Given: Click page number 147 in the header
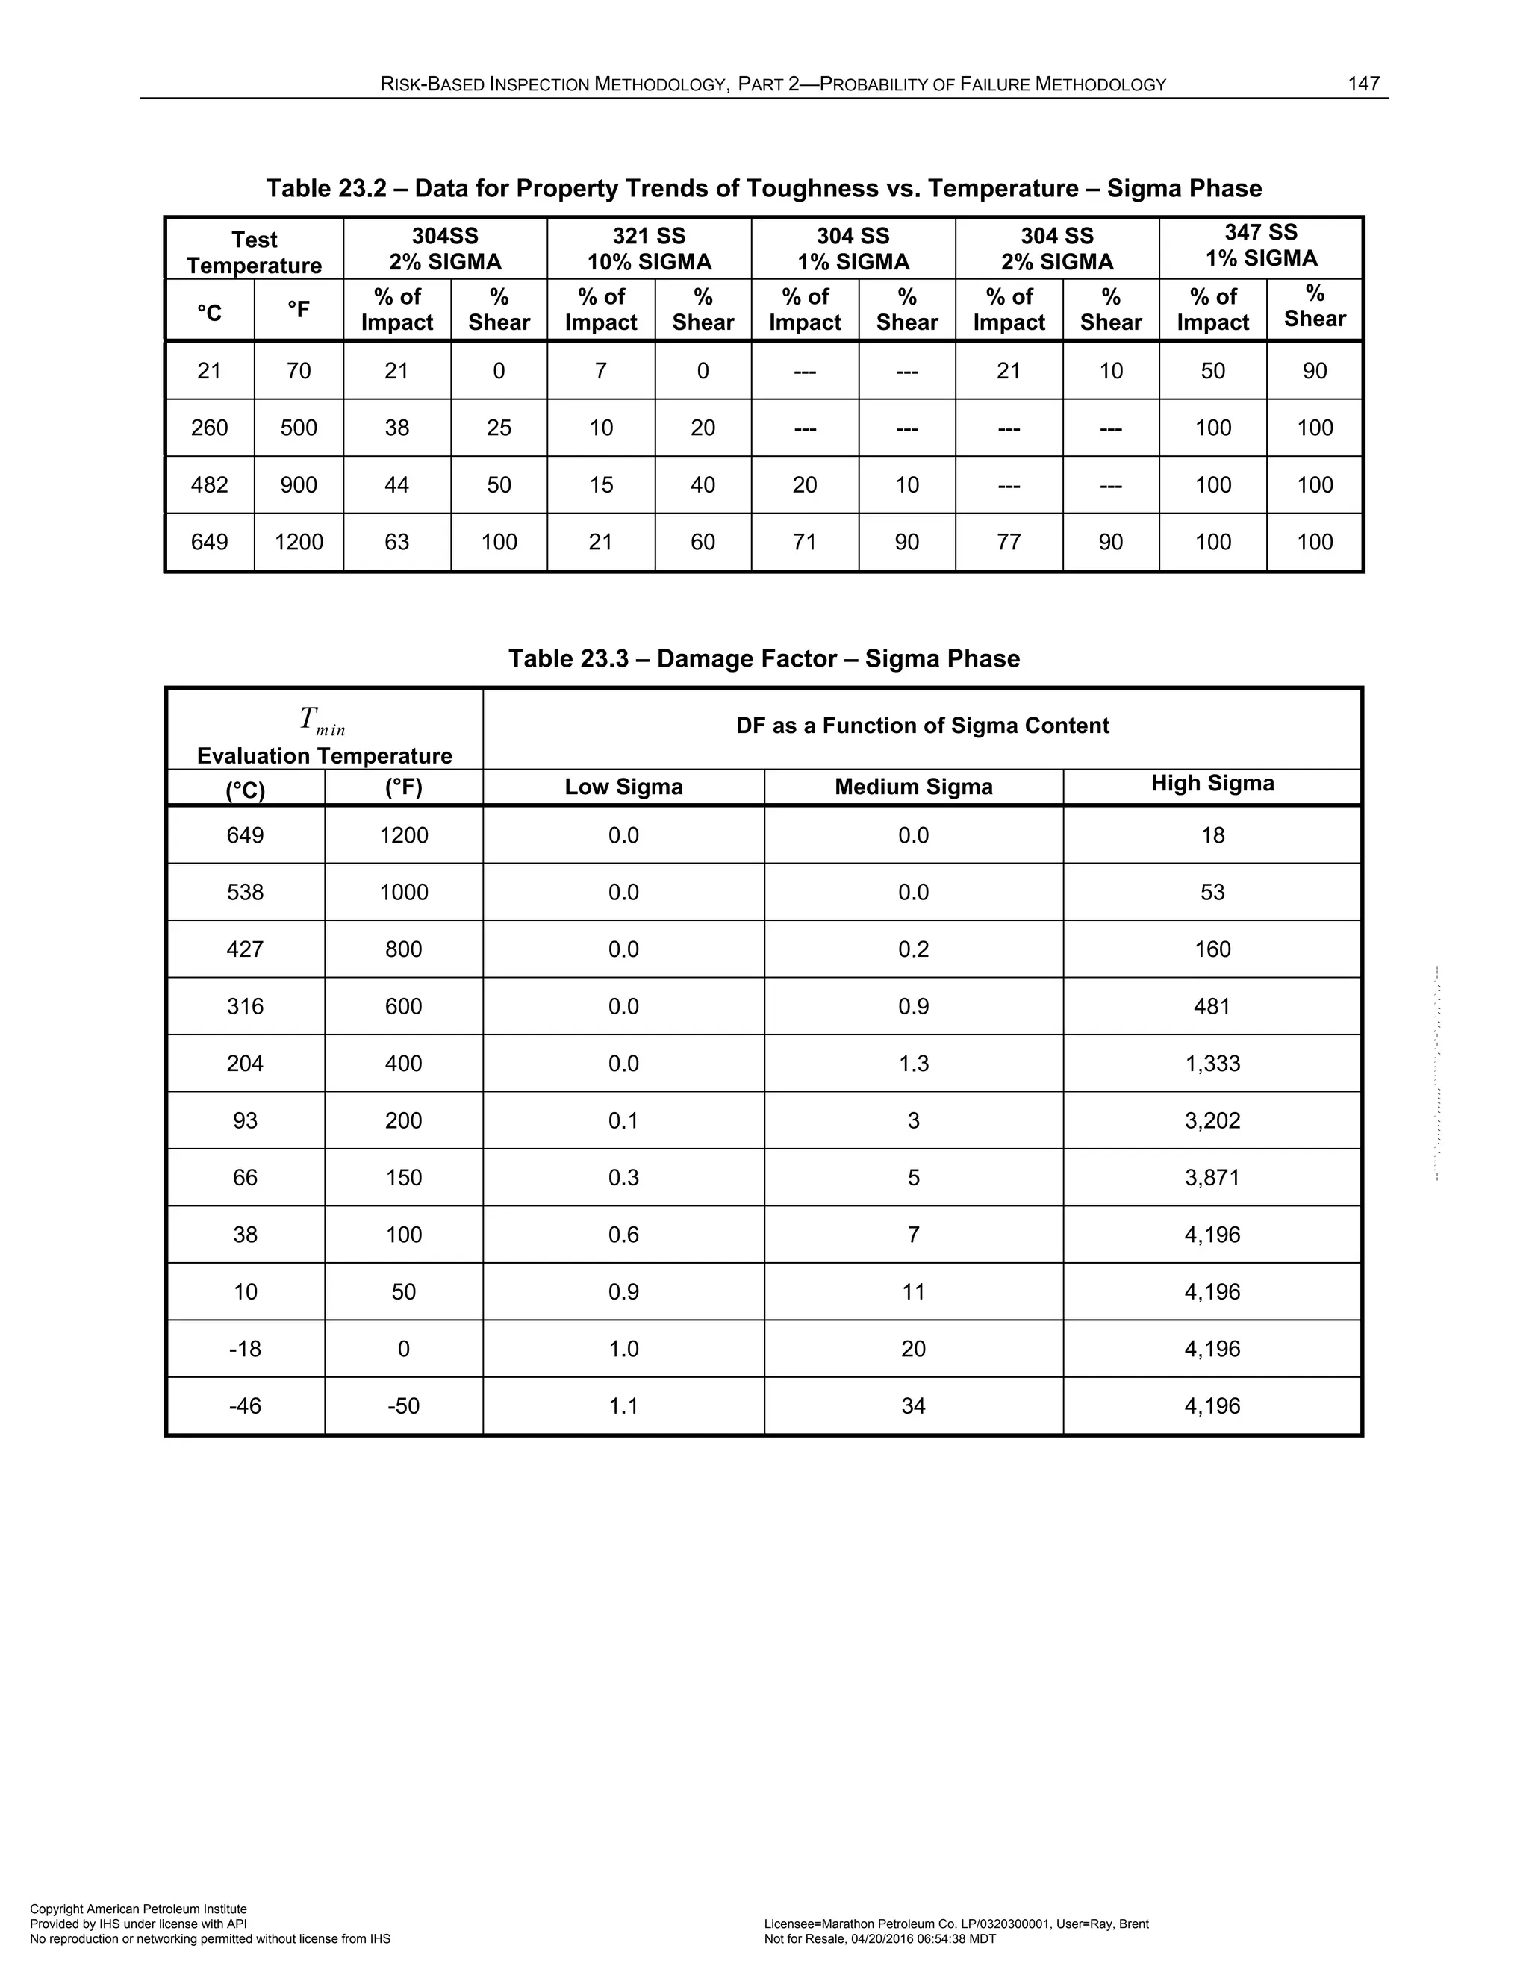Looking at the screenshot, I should (x=1363, y=84).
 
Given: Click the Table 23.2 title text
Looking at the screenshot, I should (x=764, y=188).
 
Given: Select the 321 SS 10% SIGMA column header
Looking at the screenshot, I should (x=649, y=249).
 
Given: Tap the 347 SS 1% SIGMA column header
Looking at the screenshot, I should (x=1260, y=246).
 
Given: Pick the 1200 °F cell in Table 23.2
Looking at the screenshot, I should (x=298, y=542).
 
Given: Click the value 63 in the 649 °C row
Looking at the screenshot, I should (x=396, y=542).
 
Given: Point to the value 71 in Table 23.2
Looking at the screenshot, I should (x=804, y=542).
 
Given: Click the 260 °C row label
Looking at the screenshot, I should (x=209, y=428).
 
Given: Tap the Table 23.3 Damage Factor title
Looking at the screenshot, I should (x=764, y=658).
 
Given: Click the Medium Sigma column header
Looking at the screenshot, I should (x=913, y=787).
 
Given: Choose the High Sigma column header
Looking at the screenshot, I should (x=1212, y=784).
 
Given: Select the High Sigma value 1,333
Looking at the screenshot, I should (x=1212, y=1063).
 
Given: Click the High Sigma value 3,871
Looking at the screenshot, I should (x=1212, y=1177).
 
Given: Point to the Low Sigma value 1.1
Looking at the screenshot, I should (x=623, y=1405).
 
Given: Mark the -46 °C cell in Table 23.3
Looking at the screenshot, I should (x=245, y=1405).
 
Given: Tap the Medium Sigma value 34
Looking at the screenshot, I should (x=913, y=1405).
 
